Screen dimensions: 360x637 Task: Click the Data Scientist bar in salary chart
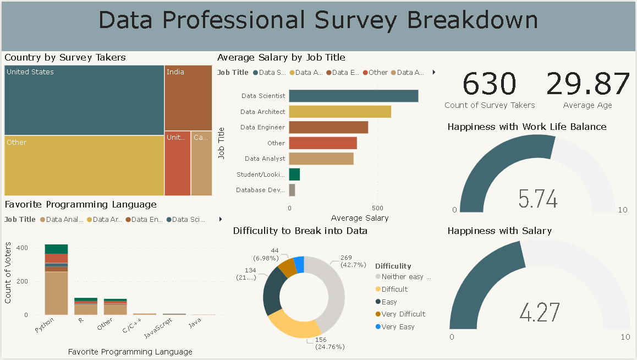coord(353,96)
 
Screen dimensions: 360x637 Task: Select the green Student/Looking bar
coord(294,174)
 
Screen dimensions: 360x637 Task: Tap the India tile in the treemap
coord(188,98)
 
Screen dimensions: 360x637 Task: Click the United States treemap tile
coord(84,100)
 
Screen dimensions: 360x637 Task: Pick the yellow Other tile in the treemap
coord(84,165)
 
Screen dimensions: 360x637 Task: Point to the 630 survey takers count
coord(489,84)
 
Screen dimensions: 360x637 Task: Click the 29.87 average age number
coord(587,84)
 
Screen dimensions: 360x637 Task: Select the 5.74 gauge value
coord(538,199)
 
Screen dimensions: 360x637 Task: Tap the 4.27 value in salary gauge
coord(540,312)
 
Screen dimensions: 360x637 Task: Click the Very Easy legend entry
coord(398,326)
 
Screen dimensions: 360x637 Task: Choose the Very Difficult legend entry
coord(403,314)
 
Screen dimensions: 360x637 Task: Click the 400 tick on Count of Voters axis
coord(21,248)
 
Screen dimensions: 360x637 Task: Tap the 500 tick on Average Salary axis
coord(377,208)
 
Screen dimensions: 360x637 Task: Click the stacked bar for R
coord(86,306)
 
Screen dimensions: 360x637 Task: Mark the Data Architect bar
coord(340,112)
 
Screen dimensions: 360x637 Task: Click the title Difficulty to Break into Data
coord(300,231)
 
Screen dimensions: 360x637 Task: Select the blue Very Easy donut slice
coord(299,264)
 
